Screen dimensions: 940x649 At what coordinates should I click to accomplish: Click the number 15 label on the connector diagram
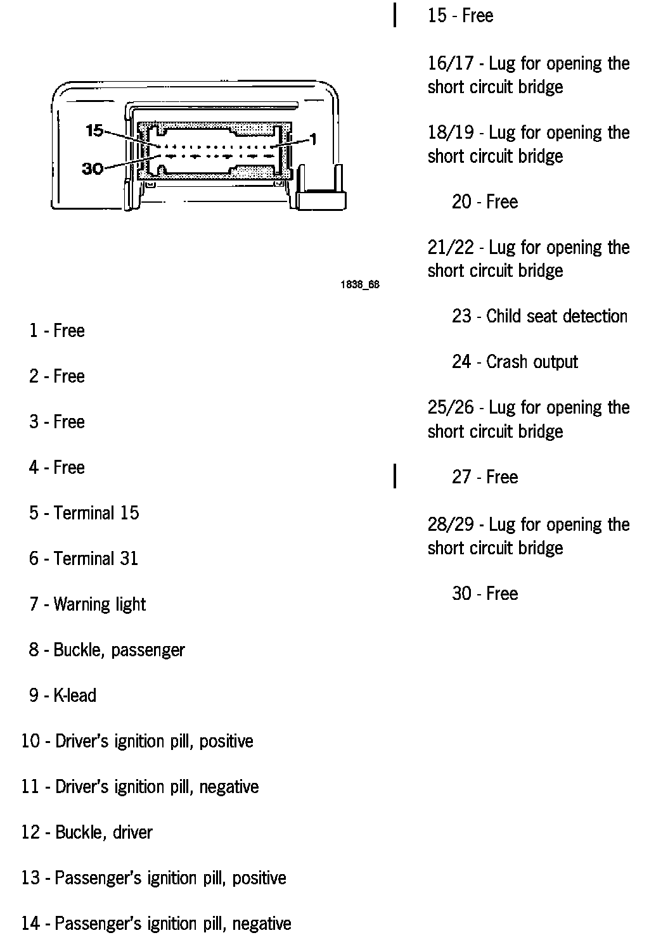pyautogui.click(x=94, y=131)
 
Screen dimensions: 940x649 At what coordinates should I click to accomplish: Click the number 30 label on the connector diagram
pyautogui.click(x=93, y=168)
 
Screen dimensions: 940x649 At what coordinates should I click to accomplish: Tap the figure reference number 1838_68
pyautogui.click(x=360, y=284)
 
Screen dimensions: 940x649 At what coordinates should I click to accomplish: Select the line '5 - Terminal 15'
pyautogui.click(x=84, y=513)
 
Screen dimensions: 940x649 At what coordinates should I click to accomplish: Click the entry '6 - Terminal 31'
pyautogui.click(x=83, y=559)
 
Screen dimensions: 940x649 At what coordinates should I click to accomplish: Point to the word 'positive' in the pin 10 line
pyautogui.click(x=226, y=741)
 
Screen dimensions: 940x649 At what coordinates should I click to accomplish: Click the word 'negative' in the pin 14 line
pyautogui.click(x=262, y=924)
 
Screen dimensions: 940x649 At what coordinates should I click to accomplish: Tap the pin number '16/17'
pyautogui.click(x=451, y=63)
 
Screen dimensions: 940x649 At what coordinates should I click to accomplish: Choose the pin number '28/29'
pyautogui.click(x=451, y=524)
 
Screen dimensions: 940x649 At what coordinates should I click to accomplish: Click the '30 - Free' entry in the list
pyautogui.click(x=485, y=594)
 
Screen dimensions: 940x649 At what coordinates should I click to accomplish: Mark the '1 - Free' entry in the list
pyautogui.click(x=56, y=331)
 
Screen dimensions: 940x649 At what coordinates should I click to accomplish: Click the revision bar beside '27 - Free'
pyautogui.click(x=395, y=476)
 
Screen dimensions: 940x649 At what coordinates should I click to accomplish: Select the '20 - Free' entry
pyautogui.click(x=485, y=202)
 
